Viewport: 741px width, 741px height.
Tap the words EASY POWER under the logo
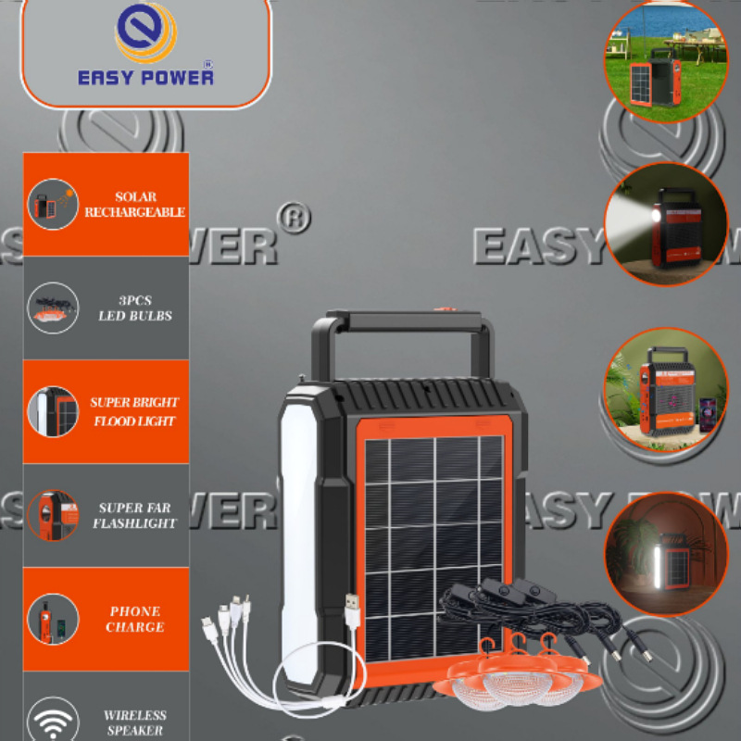[x=145, y=76]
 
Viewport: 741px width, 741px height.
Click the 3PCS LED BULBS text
[x=135, y=308]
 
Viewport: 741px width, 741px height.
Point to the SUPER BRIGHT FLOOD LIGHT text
[x=134, y=412]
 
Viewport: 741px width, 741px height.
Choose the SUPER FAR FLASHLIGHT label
[x=134, y=516]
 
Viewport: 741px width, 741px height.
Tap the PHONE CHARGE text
[x=134, y=619]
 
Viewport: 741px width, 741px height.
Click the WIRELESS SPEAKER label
[x=135, y=722]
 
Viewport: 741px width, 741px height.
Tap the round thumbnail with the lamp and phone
[x=665, y=389]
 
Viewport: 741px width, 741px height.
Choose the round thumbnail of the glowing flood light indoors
[x=666, y=554]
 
